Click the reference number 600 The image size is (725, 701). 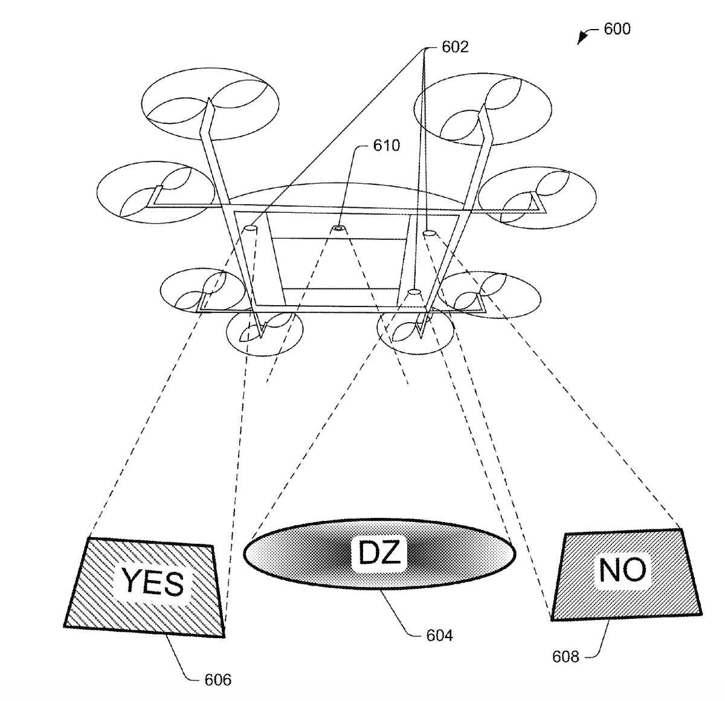(617, 28)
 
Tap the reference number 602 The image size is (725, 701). (455, 47)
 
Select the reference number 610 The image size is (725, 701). (386, 146)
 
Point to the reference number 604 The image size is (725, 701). (439, 635)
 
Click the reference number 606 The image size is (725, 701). (217, 680)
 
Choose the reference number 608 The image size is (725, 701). (565, 656)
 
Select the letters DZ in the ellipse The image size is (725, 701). (379, 553)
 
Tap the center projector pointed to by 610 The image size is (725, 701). (338, 229)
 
